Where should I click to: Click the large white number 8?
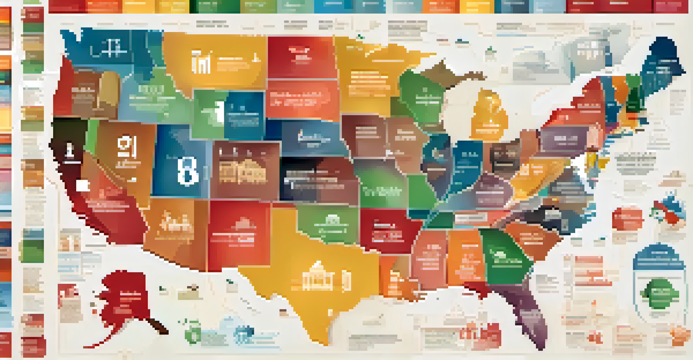pos(187,171)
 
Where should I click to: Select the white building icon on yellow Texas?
pos(318,276)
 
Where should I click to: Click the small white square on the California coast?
pos(83,185)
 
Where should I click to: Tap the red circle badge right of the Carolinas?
pos(627,219)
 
